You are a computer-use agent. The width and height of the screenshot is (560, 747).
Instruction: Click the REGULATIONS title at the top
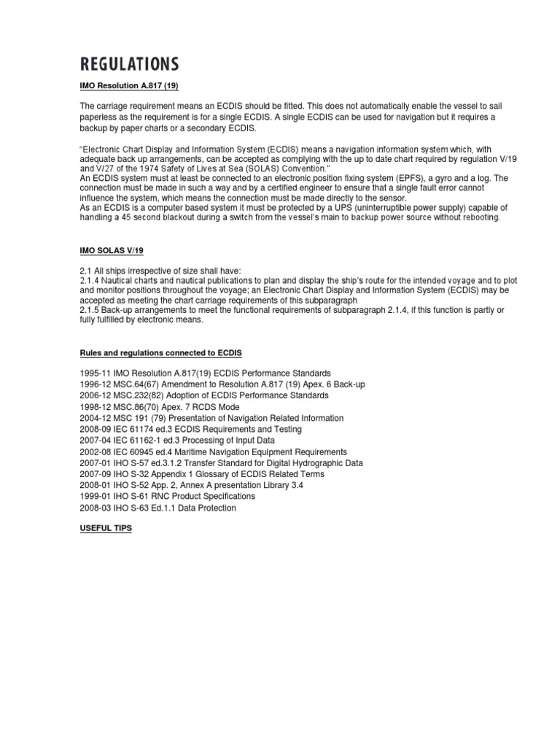tap(128, 64)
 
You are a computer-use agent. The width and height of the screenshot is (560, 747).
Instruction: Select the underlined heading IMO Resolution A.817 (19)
tap(129, 86)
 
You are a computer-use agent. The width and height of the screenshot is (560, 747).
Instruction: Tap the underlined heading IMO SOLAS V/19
tap(112, 250)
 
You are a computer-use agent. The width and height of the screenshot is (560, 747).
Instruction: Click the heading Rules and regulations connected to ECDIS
tap(161, 353)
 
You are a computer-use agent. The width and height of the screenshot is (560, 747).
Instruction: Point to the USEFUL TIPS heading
tap(106, 527)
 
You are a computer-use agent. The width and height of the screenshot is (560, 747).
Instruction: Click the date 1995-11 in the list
tap(94, 373)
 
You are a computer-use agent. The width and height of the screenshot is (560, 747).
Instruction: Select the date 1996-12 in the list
tap(94, 384)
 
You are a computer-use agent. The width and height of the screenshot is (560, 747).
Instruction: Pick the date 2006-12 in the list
tap(94, 395)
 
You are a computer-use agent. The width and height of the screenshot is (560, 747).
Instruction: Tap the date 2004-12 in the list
tap(94, 418)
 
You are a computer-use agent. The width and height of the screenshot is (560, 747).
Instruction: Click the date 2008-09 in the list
tap(94, 430)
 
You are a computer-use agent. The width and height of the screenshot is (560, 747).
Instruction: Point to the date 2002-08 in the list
tap(94, 452)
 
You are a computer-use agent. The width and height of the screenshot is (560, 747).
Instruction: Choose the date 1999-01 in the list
tap(94, 497)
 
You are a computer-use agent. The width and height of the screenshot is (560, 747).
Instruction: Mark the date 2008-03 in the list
tap(94, 508)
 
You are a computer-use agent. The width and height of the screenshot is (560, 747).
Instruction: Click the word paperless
tap(99, 117)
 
